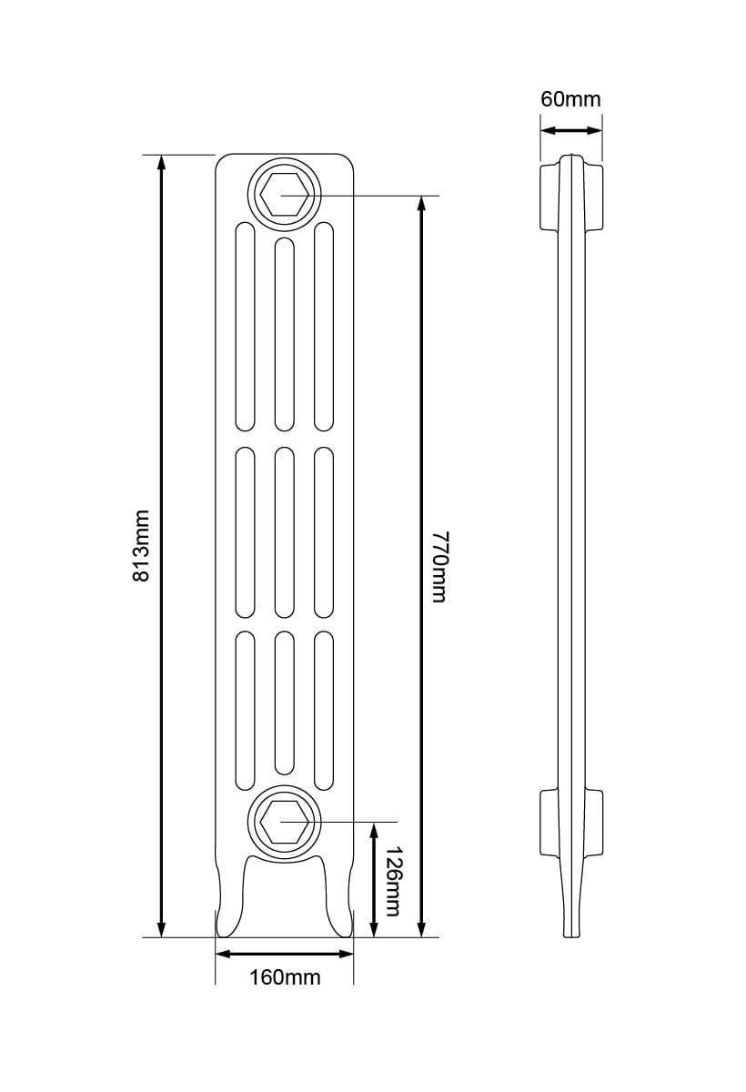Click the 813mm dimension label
click(x=142, y=545)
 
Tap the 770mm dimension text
click(x=439, y=565)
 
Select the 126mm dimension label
click(x=392, y=881)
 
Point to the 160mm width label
click(x=285, y=978)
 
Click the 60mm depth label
click(x=570, y=99)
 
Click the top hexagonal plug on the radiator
click(x=284, y=194)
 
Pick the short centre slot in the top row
click(x=285, y=334)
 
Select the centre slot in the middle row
click(x=285, y=532)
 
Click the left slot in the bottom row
click(x=246, y=710)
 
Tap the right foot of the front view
click(x=339, y=901)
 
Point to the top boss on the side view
click(x=571, y=197)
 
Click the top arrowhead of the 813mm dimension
click(x=162, y=163)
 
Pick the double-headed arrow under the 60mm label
click(x=571, y=130)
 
